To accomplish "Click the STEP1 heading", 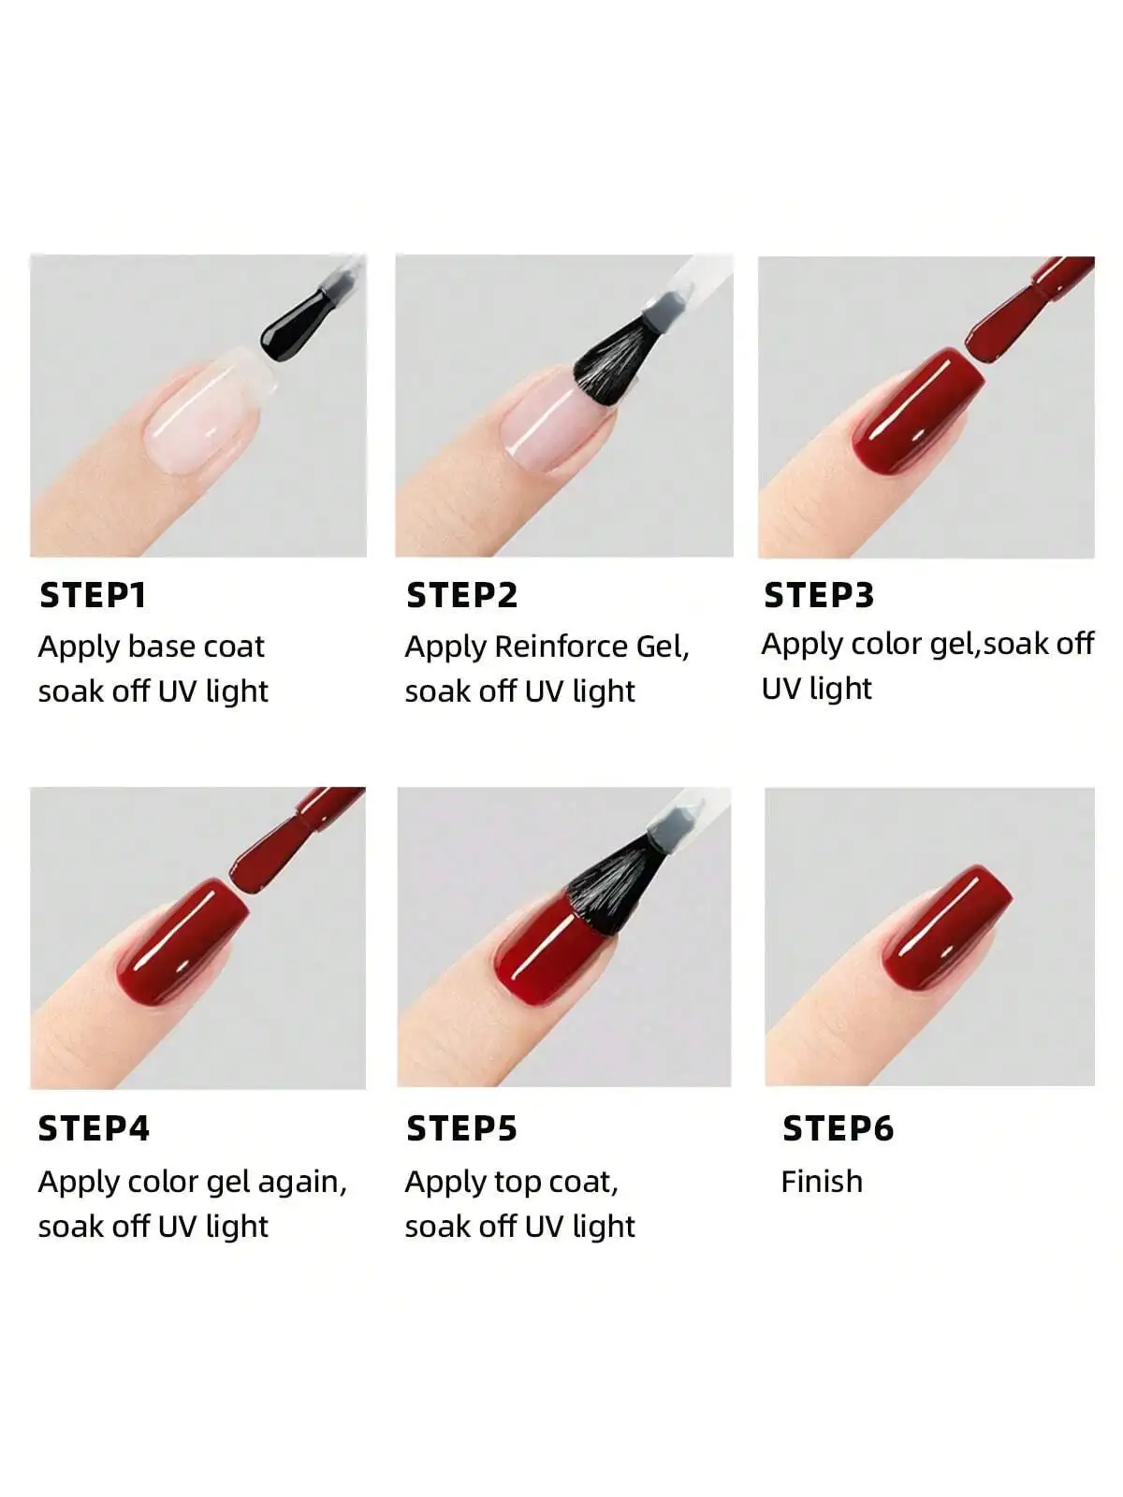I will (x=93, y=595).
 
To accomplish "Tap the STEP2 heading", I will (x=461, y=595).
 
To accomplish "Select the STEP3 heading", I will (x=819, y=595).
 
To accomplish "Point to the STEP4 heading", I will (x=94, y=1128).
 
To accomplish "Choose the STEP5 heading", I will (x=461, y=1128).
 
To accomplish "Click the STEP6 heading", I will (x=838, y=1128).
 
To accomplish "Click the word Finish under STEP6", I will (x=822, y=1181).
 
